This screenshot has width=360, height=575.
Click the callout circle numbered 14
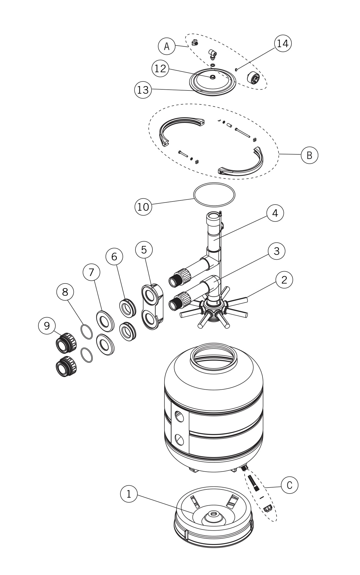283,43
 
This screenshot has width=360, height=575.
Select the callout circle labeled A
167,46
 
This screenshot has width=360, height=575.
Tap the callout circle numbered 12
160,68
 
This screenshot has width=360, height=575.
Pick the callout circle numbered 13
143,90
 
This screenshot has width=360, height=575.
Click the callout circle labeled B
309,155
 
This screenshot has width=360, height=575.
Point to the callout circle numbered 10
143,206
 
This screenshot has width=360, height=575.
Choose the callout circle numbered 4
275,213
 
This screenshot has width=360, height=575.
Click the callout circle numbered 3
276,251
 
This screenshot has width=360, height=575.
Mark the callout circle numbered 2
284,280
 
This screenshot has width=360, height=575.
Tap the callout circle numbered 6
114,256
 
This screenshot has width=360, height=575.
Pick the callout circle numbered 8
65,292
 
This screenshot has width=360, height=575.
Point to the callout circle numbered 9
47,325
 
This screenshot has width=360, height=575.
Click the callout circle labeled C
289,485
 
